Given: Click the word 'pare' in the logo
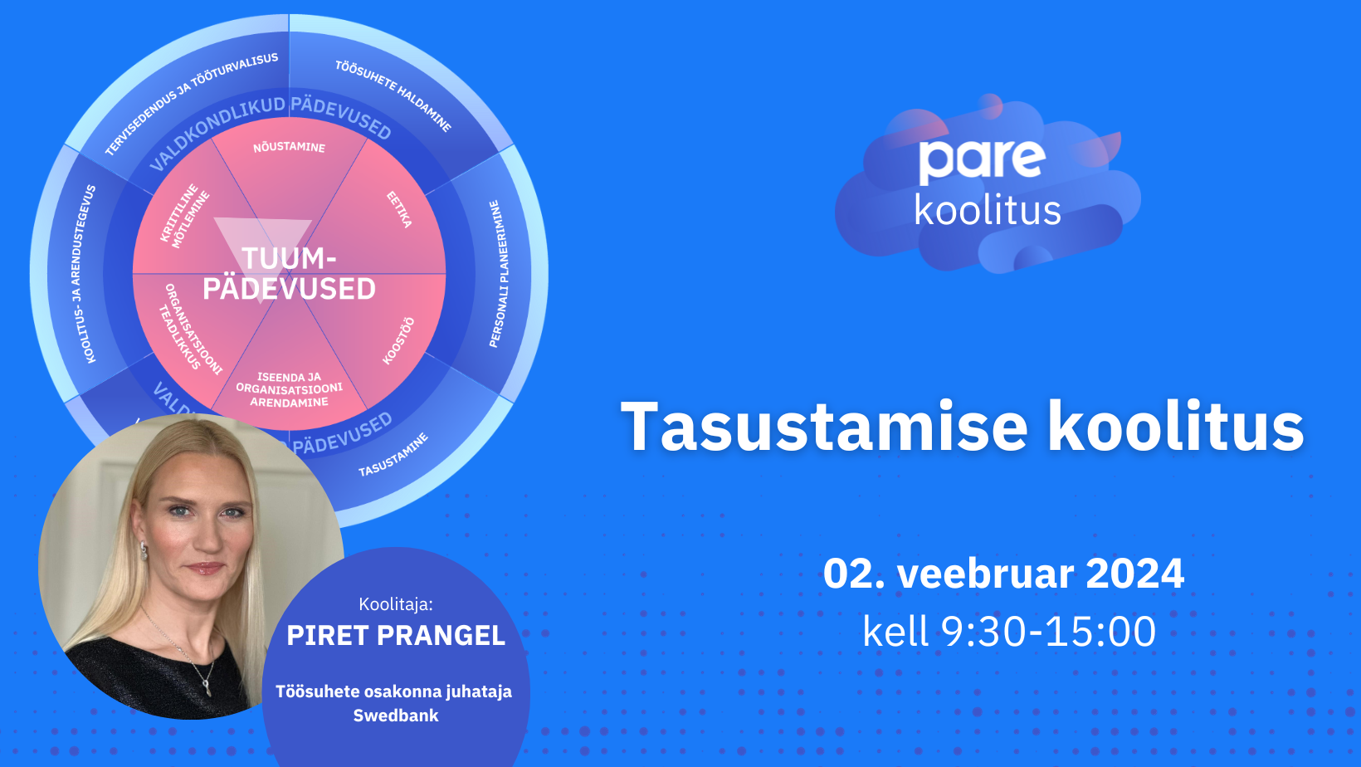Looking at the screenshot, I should [982, 160].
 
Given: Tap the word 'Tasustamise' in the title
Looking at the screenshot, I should [825, 427].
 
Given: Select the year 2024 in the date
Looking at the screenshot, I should [1134, 574].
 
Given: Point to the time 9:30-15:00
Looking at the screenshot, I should [1048, 632].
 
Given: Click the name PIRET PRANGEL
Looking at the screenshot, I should [396, 636].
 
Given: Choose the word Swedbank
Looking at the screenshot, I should [396, 716].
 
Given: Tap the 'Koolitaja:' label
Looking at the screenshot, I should [396, 604].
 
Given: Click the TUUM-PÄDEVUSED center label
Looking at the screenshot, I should [289, 274].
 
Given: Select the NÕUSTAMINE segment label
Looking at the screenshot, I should [289, 147].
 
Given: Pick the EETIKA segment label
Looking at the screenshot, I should [399, 209].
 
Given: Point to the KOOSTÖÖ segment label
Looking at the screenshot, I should [398, 340].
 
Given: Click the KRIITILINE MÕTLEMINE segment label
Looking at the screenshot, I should [185, 217].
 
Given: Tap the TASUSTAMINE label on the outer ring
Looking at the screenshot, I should [393, 455].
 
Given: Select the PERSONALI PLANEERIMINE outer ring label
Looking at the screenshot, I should [499, 274].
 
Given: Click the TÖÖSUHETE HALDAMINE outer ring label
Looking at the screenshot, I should [394, 95].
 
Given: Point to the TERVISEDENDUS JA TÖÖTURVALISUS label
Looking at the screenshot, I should [191, 104].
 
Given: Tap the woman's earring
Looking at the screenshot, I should [144, 550].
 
